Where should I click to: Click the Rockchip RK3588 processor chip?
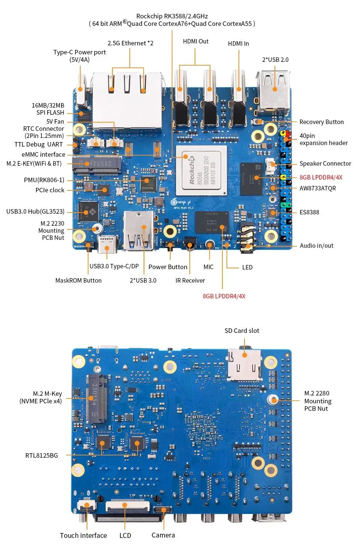201,171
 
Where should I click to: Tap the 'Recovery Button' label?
321,122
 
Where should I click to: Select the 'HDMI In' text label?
238,43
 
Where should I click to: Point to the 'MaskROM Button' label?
78,280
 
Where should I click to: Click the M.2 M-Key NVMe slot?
96,398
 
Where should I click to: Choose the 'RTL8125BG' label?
42,455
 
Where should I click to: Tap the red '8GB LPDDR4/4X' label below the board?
224,296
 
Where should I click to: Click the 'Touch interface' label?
83,535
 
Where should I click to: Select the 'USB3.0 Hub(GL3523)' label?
35,211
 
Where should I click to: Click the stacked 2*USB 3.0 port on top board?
139,230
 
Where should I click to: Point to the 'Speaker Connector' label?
325,163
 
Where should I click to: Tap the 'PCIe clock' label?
50,190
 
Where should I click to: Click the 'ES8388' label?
309,212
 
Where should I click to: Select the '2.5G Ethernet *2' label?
130,43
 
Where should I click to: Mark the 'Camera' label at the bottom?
163,535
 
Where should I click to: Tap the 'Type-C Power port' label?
79,55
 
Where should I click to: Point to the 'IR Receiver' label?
190,280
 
